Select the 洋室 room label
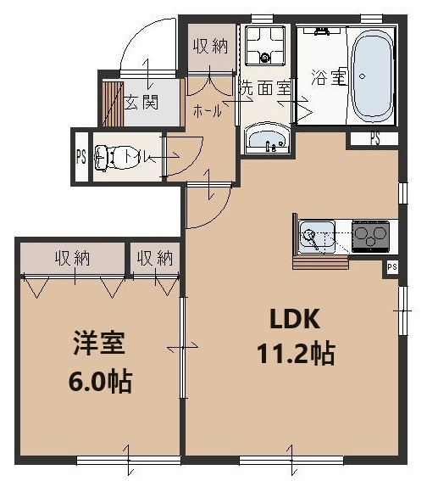coord(98,345)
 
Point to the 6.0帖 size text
coord(98,381)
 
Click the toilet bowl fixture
coord(108,156)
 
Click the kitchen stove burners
coord(370,234)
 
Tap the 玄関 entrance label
coord(141,103)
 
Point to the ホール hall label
coord(208,110)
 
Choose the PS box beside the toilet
coord(81,157)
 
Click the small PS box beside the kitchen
coord(391,267)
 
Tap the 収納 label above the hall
coord(208,48)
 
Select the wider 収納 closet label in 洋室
coord(74,258)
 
